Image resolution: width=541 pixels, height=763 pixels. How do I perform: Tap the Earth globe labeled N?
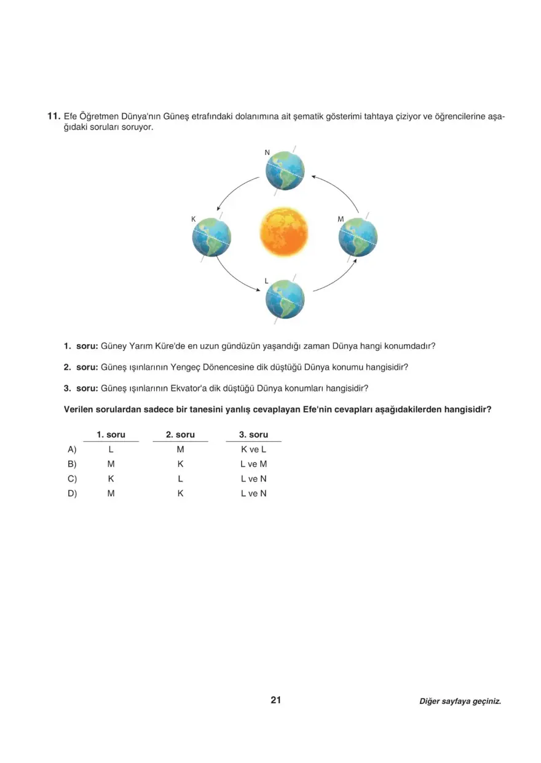point(285,171)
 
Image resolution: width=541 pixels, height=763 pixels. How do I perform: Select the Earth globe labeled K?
point(211,237)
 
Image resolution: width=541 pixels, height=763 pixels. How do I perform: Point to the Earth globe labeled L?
point(285,299)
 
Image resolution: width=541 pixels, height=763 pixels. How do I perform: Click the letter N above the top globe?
point(267,152)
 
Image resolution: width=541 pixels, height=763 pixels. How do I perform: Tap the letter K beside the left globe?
point(193,219)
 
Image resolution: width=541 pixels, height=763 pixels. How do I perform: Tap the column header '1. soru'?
point(111,434)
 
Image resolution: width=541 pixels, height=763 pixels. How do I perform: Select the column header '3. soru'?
point(253,434)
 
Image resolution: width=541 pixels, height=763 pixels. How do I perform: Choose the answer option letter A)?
point(72,449)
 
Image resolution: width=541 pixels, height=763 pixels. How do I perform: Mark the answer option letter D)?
point(72,493)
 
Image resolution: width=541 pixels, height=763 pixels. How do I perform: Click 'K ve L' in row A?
point(253,449)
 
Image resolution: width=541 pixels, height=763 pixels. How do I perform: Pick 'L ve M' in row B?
point(253,464)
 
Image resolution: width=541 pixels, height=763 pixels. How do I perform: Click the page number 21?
point(275,700)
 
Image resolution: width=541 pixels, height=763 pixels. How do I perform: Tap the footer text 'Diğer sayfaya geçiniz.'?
point(460,701)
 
